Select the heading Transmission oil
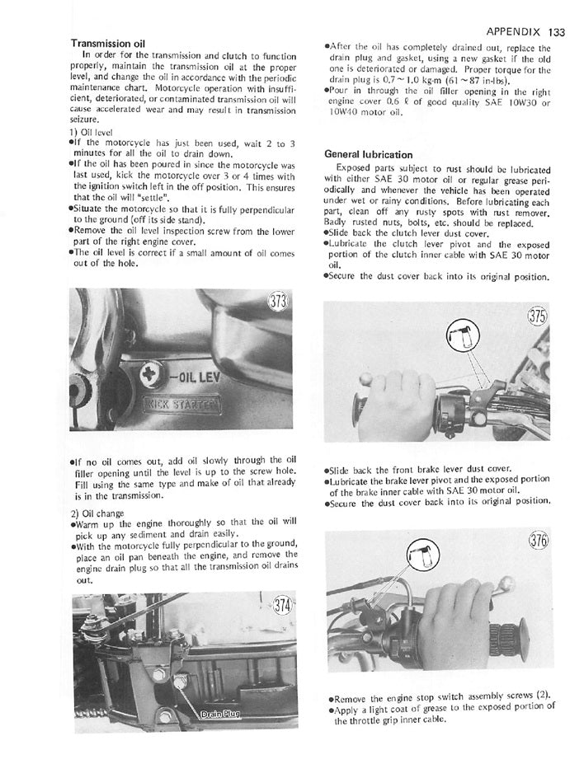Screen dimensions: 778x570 [107, 43]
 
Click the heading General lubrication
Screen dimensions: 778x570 [366, 154]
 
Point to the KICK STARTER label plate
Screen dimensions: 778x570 [181, 405]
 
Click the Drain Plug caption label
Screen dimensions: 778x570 [219, 714]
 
